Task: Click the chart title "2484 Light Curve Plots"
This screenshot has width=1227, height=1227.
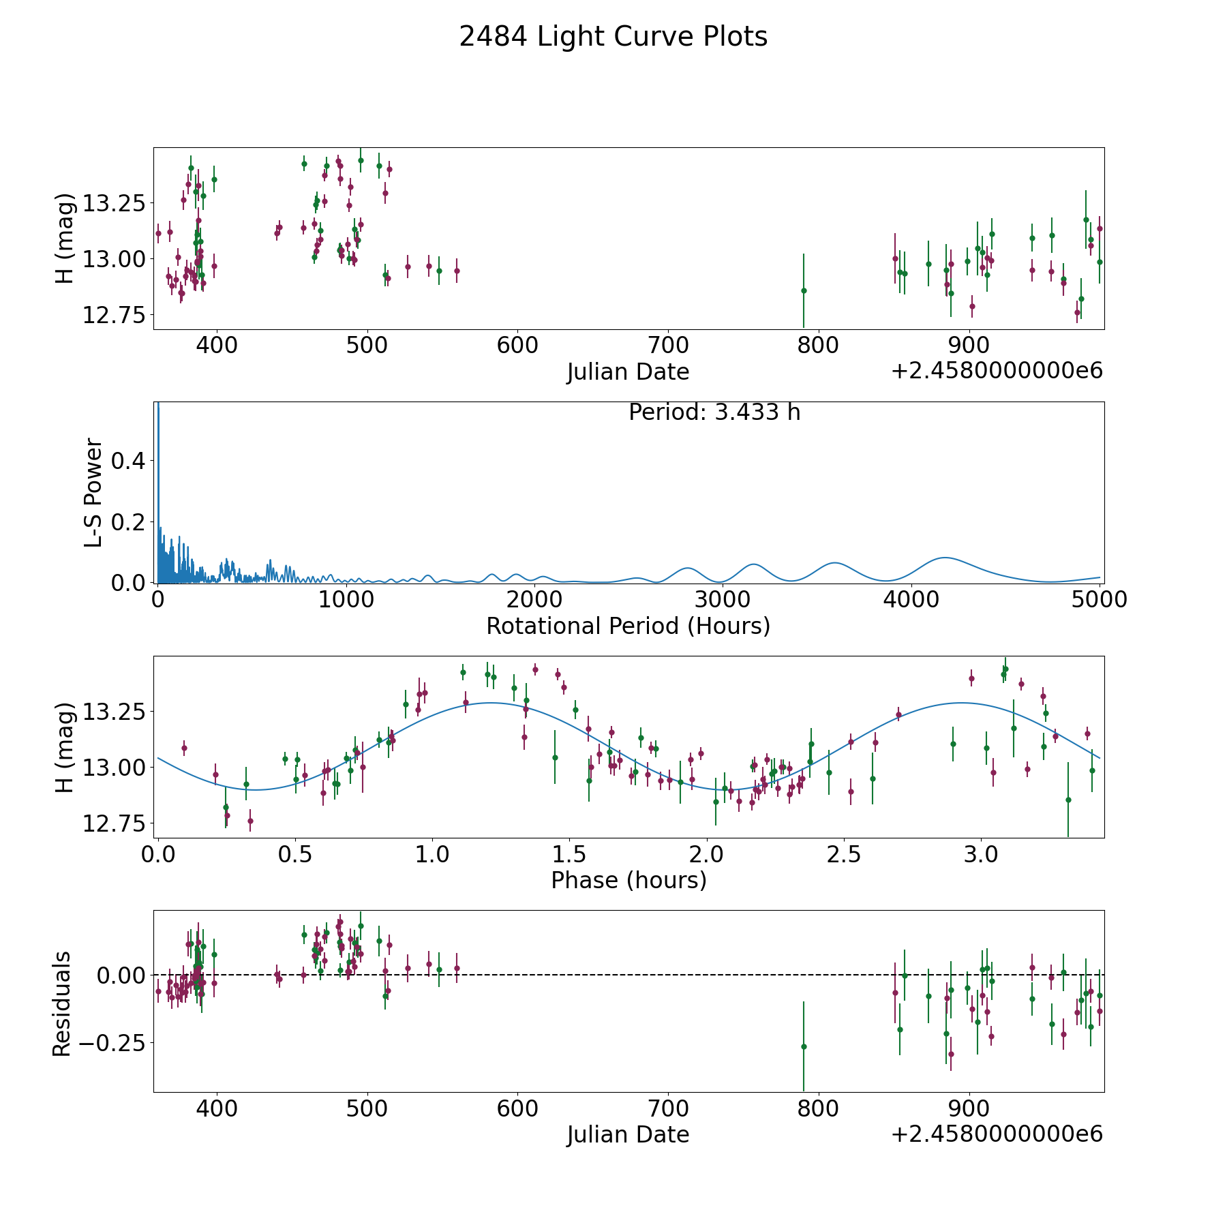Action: tap(613, 37)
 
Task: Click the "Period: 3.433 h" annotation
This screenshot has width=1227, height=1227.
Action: tap(714, 412)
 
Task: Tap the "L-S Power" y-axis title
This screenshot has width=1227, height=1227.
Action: tap(94, 492)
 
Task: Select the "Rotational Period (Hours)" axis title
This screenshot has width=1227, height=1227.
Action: tap(628, 626)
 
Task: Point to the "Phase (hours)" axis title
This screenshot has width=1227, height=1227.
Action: tap(628, 880)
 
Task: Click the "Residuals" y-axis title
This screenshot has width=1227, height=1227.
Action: tap(62, 1003)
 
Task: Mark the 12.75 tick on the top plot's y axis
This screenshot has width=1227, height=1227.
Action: tap(113, 315)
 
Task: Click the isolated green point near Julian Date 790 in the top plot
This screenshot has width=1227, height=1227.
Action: tap(804, 290)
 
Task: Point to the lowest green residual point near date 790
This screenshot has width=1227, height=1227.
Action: tap(804, 1046)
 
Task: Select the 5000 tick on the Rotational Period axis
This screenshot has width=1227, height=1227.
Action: tap(1099, 600)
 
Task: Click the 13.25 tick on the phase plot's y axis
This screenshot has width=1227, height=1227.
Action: tap(113, 712)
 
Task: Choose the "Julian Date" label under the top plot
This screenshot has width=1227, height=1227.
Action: tap(628, 372)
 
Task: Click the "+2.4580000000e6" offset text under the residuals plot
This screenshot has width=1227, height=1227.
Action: tap(997, 1134)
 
